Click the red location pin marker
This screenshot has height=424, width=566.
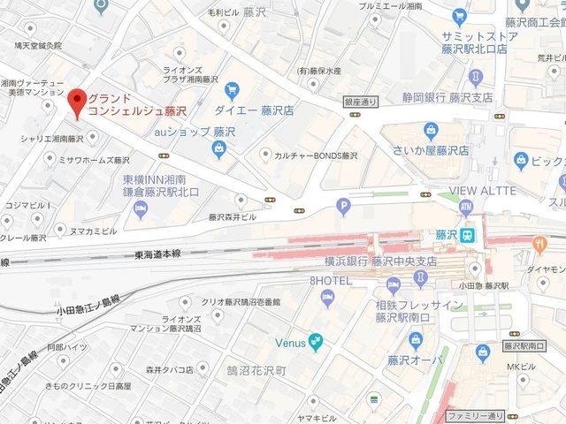(76, 102)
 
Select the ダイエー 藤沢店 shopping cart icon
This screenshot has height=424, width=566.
(233, 89)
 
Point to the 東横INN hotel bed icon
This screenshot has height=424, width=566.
(140, 208)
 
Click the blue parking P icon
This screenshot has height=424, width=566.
(344, 208)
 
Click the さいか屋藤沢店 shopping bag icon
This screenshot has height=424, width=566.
(431, 132)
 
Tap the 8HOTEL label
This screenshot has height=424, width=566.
(331, 281)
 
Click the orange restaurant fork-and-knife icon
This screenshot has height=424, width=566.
(540, 243)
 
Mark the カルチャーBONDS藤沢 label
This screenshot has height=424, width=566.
(316, 155)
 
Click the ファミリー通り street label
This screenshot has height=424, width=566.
(476, 415)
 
